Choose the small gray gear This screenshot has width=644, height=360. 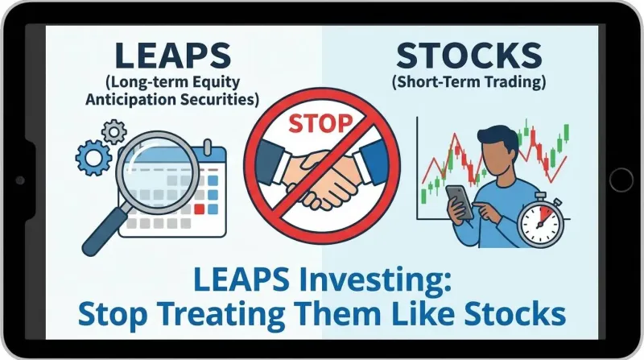coord(116,130)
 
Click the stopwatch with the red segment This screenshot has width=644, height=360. coord(541,222)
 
